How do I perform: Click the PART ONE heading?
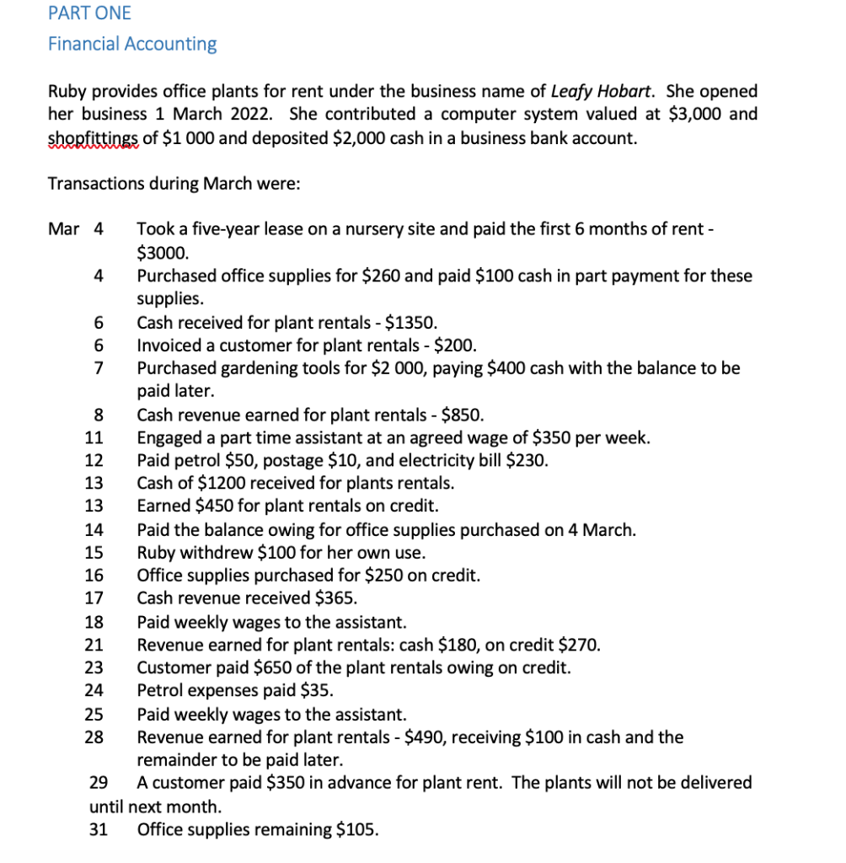(89, 13)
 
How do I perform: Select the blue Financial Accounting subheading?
(132, 44)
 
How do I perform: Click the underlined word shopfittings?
(93, 137)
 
